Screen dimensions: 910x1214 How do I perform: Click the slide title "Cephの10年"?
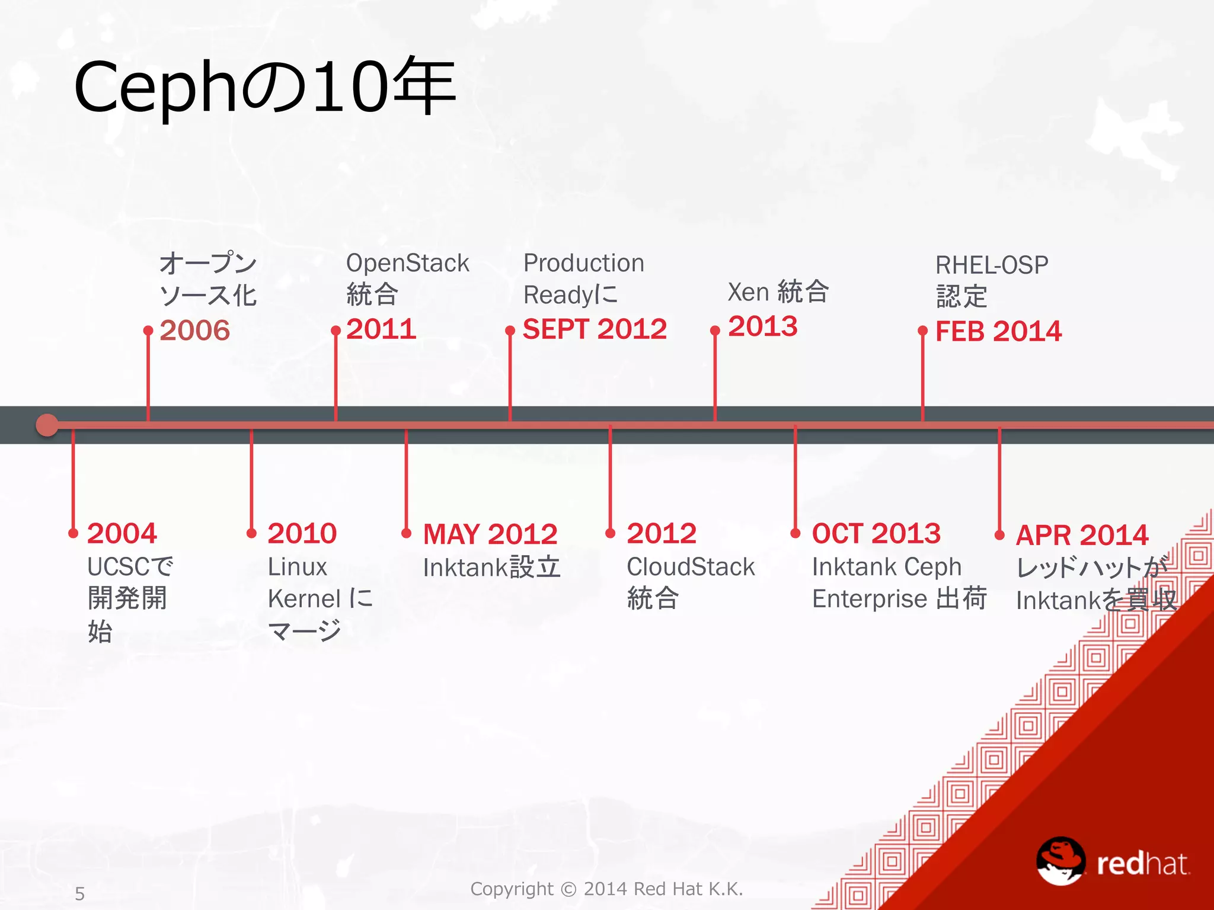click(264, 88)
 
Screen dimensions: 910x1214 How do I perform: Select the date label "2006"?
click(194, 331)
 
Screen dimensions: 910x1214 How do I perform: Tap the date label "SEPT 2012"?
click(595, 329)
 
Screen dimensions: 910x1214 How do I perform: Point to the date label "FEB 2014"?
click(998, 332)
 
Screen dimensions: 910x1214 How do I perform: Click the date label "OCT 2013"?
click(876, 534)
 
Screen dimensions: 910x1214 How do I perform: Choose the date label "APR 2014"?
click(1082, 536)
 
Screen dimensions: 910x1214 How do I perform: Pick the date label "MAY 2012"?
click(490, 534)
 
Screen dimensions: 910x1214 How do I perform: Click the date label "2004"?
click(122, 534)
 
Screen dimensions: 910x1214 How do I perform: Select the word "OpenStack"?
click(407, 264)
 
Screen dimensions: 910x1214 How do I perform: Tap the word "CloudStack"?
click(691, 567)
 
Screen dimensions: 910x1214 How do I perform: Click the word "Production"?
click(583, 263)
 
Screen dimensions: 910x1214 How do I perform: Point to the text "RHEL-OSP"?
click(992, 265)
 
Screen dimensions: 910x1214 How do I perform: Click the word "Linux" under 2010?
click(297, 567)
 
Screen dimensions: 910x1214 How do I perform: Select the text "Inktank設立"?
click(491, 568)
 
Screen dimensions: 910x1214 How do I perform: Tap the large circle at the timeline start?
click(47, 425)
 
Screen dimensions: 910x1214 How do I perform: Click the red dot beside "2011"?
click(336, 331)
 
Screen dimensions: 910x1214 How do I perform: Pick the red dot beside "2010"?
click(251, 533)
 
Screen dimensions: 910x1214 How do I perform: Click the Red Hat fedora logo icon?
click(1060, 860)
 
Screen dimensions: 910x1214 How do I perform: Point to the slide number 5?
click(80, 893)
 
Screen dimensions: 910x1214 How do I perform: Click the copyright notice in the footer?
click(606, 889)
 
